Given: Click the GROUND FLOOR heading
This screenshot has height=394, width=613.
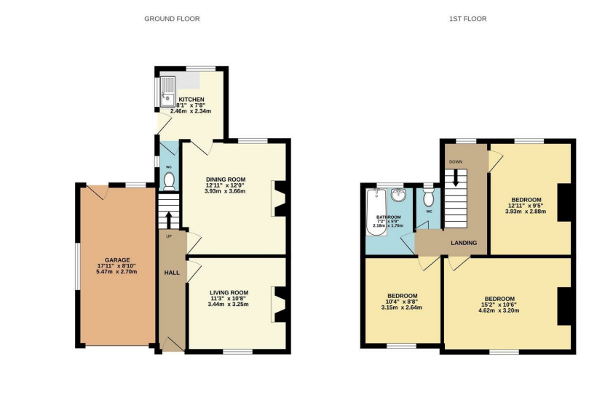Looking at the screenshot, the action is tap(172, 19).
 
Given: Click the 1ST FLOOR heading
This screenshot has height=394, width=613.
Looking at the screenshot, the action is tap(467, 19).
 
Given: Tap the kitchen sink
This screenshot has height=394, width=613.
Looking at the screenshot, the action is tap(167, 92).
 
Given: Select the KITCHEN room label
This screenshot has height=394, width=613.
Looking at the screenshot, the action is tap(191, 100).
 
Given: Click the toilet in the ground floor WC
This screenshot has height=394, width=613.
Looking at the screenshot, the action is tap(169, 182).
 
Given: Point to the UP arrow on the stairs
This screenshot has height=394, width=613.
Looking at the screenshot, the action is tap(169, 220).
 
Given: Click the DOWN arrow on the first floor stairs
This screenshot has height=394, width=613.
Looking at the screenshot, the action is tap(456, 178).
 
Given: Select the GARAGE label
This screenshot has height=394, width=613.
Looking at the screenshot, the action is tap(117, 260).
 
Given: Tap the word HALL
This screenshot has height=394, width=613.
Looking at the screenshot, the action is tap(172, 273).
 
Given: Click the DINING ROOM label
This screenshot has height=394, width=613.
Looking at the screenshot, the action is tap(226, 180).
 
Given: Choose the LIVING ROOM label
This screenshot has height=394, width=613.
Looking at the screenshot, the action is tap(229, 292).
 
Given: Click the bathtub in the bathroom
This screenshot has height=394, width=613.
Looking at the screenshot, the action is tap(376, 212).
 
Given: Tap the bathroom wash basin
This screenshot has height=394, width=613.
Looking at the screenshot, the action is tap(398, 195).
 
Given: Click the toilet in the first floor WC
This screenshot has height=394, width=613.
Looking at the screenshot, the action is tap(429, 197).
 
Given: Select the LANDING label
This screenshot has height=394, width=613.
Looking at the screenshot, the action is tap(464, 243).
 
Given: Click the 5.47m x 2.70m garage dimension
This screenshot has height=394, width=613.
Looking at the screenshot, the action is tap(116, 272).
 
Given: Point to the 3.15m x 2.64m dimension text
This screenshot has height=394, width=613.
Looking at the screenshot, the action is tap(401, 307).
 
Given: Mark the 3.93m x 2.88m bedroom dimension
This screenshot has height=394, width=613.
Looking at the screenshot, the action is tap(526, 212).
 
